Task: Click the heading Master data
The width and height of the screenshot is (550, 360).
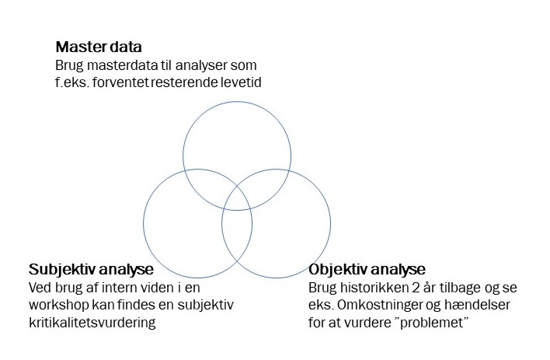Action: [x=98, y=46]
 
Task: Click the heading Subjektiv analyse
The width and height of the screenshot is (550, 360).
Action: [x=91, y=270]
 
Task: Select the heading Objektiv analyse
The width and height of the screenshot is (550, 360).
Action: [x=367, y=270]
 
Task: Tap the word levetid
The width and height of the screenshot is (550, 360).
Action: [x=238, y=82]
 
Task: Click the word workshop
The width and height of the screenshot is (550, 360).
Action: [x=59, y=305]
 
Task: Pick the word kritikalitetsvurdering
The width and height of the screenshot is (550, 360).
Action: [x=92, y=322]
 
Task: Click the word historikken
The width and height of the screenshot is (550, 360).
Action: [x=367, y=288]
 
